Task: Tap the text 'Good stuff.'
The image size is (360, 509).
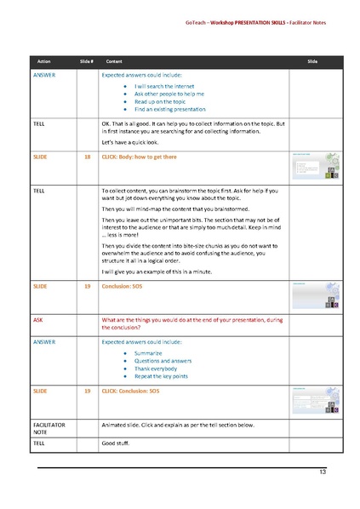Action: pyautogui.click(x=118, y=444)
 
